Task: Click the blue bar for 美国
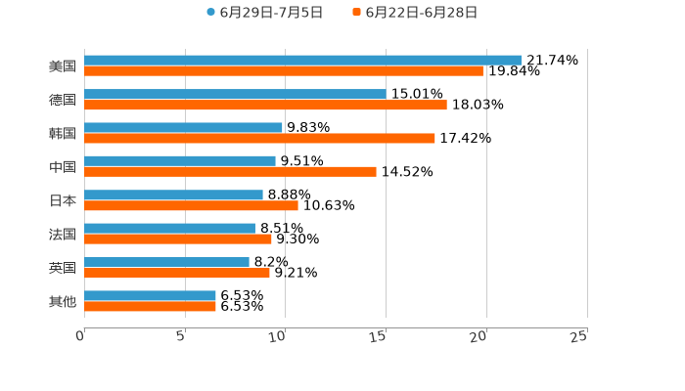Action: [x=302, y=60]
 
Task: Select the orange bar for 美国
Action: [x=284, y=71]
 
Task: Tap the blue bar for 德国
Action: [x=235, y=94]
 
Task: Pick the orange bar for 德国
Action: [x=265, y=105]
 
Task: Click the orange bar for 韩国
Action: [x=259, y=138]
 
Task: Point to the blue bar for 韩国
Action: [x=183, y=127]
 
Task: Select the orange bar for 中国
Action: [x=230, y=172]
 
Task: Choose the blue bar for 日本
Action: [x=173, y=195]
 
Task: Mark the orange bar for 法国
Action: [x=178, y=239]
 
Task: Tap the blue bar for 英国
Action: [x=166, y=262]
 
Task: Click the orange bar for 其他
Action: [x=150, y=307]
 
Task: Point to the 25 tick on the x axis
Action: [x=579, y=336]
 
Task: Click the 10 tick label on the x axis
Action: [x=278, y=336]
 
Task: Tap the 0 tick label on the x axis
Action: [x=80, y=336]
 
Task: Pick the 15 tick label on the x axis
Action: [x=379, y=336]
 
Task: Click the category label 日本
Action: [x=63, y=200]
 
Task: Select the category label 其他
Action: [x=63, y=302]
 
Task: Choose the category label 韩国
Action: [x=63, y=133]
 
